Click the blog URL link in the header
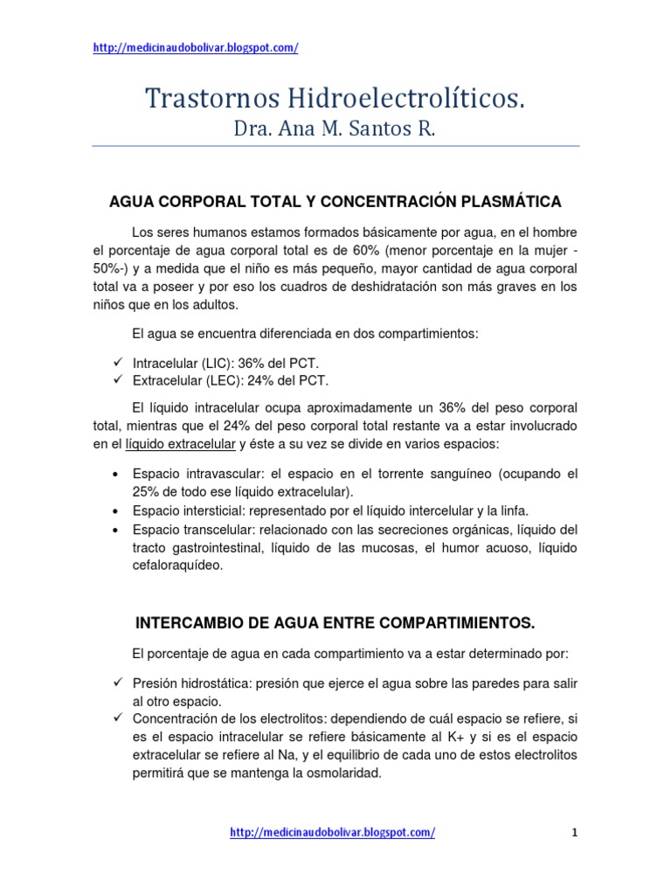pyautogui.click(x=196, y=48)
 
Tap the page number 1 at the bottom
pyautogui.click(x=575, y=833)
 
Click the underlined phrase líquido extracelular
pyautogui.click(x=181, y=444)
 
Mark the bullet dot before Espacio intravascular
pyautogui.click(x=116, y=474)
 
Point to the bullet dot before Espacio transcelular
pyautogui.click(x=116, y=530)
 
